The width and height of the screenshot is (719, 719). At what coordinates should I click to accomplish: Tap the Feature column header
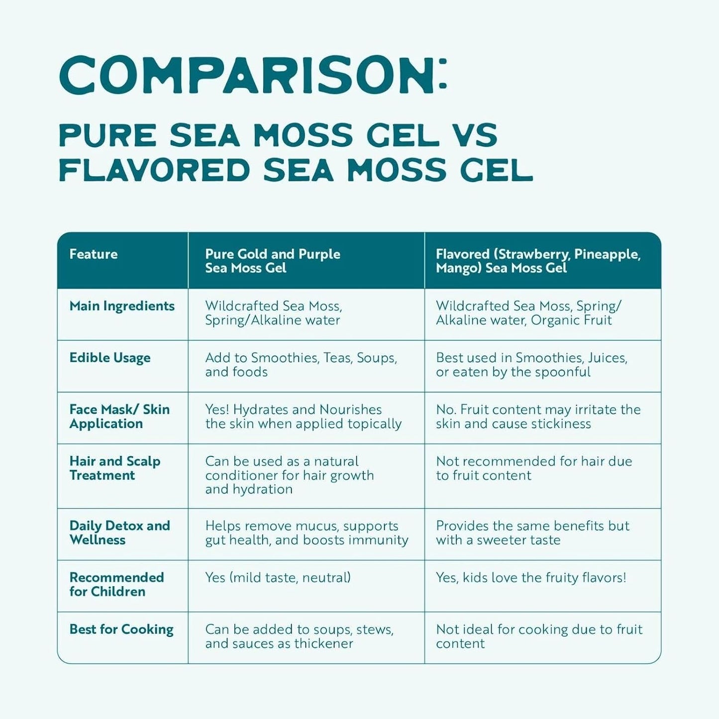click(x=94, y=254)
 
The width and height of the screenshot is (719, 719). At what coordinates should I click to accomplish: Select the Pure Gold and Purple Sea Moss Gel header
click(x=272, y=261)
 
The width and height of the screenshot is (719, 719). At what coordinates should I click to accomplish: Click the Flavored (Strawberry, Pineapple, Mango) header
click(x=537, y=261)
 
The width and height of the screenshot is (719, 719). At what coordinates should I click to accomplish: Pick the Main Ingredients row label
click(x=122, y=306)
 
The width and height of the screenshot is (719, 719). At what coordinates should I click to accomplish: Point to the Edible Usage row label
click(x=110, y=358)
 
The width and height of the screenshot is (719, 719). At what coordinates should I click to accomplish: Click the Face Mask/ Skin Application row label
click(x=119, y=416)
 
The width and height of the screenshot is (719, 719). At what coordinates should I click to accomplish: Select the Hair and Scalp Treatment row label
click(x=114, y=468)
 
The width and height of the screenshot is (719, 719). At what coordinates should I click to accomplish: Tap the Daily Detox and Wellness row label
click(x=119, y=533)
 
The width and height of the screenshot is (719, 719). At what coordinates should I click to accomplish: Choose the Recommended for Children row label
click(x=116, y=585)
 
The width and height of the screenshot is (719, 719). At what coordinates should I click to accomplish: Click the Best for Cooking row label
click(x=121, y=629)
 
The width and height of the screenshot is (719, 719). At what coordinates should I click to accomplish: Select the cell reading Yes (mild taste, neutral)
click(x=278, y=578)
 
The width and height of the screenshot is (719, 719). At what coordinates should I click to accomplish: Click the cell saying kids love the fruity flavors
click(x=531, y=578)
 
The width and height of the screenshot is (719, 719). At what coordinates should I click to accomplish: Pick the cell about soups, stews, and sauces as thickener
click(x=299, y=636)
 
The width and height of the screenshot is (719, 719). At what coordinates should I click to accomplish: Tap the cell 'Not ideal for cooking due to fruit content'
click(x=539, y=636)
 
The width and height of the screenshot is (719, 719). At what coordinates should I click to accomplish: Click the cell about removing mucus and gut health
click(x=306, y=533)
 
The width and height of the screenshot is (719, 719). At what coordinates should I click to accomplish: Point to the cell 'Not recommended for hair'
click(x=533, y=468)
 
